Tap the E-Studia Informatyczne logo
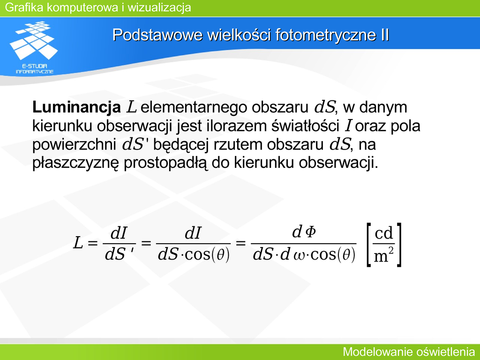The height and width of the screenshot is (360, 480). (x=34, y=47)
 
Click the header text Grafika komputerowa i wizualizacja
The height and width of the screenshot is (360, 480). (x=98, y=7)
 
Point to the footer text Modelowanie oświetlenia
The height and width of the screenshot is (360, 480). (x=409, y=352)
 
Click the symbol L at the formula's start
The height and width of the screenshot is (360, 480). (x=78, y=243)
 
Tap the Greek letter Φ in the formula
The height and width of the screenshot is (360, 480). (x=311, y=232)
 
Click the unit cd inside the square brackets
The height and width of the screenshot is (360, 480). (x=383, y=233)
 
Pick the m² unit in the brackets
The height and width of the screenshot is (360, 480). (x=383, y=255)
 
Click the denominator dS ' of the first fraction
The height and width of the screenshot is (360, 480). (x=119, y=254)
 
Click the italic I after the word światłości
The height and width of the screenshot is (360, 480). (x=348, y=126)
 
